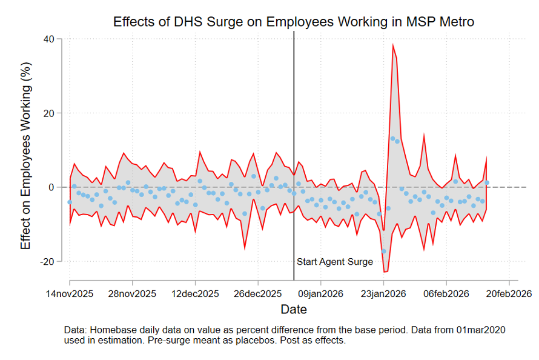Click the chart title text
click(x=294, y=22)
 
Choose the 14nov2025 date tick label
click(x=70, y=294)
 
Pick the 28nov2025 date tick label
click(x=133, y=294)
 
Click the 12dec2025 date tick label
click(x=195, y=294)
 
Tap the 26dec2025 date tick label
click(x=258, y=294)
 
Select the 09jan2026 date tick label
click(x=321, y=294)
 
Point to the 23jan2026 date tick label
click(x=383, y=294)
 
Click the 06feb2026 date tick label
click(x=446, y=294)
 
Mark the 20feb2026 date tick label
click(x=509, y=294)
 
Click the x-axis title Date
click(x=294, y=310)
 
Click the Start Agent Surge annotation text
click(x=334, y=262)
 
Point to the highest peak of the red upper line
click(x=392, y=44)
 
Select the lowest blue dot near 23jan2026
click(x=383, y=251)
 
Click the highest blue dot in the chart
click(x=392, y=139)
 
